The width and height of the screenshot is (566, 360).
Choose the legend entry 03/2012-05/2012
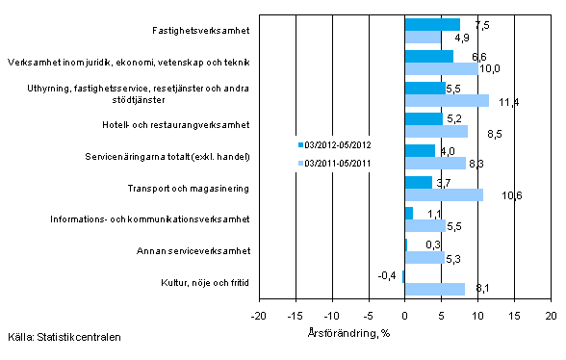[338, 145]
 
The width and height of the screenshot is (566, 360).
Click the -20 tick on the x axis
[258, 315]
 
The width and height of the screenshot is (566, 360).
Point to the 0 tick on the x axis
[404, 315]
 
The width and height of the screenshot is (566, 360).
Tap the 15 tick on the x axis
[514, 315]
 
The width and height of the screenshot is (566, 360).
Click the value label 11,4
[502, 101]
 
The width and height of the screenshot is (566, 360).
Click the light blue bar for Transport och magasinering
[443, 195]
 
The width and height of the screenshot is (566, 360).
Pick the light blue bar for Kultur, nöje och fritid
[434, 289]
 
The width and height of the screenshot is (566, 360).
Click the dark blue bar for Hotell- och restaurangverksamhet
[424, 119]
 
